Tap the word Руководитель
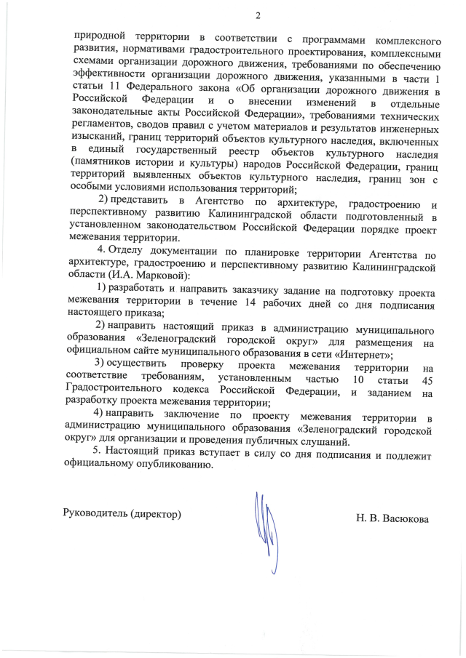coord(95,514)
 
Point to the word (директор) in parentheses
coord(154,514)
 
